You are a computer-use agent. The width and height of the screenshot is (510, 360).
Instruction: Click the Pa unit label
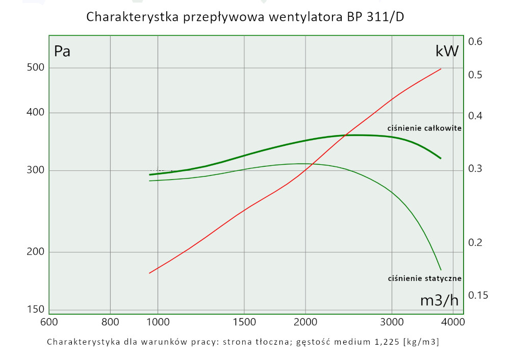pos(62,51)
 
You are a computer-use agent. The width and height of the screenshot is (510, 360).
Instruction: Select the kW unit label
pos(447,51)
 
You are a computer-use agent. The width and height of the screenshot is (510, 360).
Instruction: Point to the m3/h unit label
pos(439,300)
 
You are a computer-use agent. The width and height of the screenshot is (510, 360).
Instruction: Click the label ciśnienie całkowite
pos(424,128)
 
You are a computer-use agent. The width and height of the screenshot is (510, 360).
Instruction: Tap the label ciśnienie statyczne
pos(424,278)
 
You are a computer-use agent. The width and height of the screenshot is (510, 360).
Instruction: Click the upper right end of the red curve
pos(441,69)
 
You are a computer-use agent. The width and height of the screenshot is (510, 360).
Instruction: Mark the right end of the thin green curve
pos(441,270)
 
